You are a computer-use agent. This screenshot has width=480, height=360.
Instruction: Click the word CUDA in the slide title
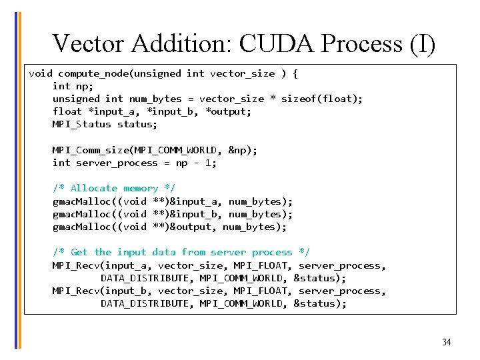click(277, 44)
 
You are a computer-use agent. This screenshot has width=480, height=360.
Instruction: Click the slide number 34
click(446, 342)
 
